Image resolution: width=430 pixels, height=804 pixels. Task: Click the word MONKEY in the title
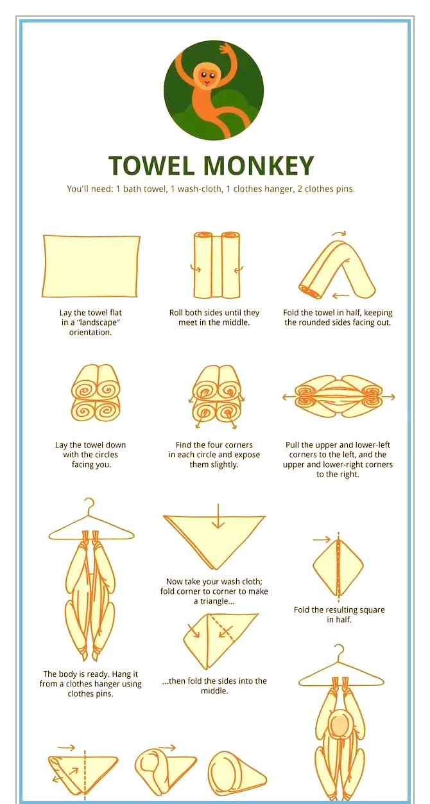coord(258,166)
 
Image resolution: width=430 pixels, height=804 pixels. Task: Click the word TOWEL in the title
coord(151,166)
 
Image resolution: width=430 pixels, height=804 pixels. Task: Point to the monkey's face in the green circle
coord(207,76)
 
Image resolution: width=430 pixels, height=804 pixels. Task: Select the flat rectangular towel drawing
coord(91,266)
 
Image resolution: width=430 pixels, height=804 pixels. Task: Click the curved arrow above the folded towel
coord(339,233)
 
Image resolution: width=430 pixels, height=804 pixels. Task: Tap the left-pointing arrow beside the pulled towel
coord(288,397)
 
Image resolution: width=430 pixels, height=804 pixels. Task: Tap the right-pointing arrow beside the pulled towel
coord(388,397)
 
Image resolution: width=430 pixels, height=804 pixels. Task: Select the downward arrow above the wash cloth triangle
coord(217,516)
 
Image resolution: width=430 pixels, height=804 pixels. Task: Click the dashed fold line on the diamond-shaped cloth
coord(338,567)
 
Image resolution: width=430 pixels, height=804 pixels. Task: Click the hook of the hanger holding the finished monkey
coord(340,652)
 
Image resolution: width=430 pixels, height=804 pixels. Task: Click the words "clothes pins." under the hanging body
coord(90,694)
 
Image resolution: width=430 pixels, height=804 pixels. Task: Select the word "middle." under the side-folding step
coord(214,691)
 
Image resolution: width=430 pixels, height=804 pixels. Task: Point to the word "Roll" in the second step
coord(176,313)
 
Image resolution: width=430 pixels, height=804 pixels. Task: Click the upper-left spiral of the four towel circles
coord(84,388)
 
